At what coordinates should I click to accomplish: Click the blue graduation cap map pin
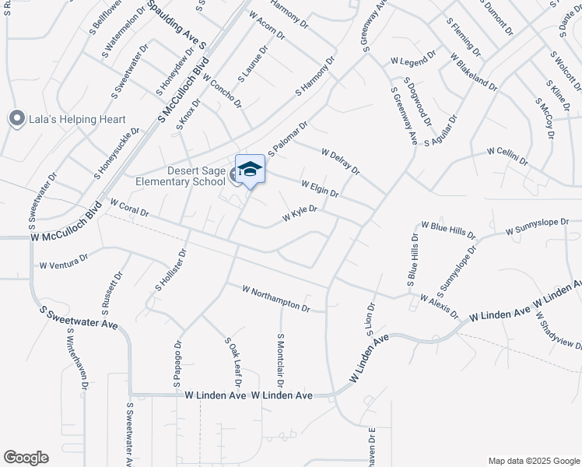point(250,170)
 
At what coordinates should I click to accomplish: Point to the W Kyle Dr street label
point(300,212)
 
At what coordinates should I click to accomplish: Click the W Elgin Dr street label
point(319,188)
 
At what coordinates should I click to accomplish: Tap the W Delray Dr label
point(340,162)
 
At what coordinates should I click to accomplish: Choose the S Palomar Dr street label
point(289,137)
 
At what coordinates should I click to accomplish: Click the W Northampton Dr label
point(276,298)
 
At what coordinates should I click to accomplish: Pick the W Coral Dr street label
point(129,208)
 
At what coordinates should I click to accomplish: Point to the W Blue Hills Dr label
point(448,229)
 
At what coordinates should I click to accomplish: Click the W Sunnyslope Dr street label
point(543,226)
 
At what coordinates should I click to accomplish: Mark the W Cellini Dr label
point(507,156)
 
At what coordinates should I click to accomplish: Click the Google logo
point(26,457)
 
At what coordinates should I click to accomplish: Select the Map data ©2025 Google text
point(533,460)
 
